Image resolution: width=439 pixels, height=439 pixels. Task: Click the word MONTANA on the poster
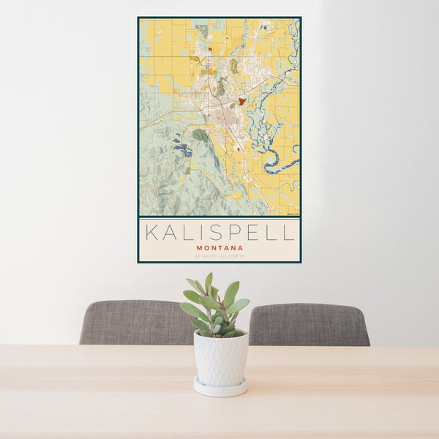tap(219, 247)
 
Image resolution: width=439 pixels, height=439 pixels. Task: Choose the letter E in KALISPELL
tap(252, 233)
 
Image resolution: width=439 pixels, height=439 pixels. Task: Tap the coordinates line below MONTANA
tap(219, 255)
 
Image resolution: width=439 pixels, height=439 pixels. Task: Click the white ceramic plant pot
tap(220, 359)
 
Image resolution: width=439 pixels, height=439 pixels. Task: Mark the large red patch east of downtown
tap(241, 101)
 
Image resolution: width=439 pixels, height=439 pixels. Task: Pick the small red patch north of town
tap(209, 50)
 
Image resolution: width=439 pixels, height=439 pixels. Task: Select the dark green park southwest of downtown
tap(200, 135)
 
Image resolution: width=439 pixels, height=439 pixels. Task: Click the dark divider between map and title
tap(219, 217)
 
